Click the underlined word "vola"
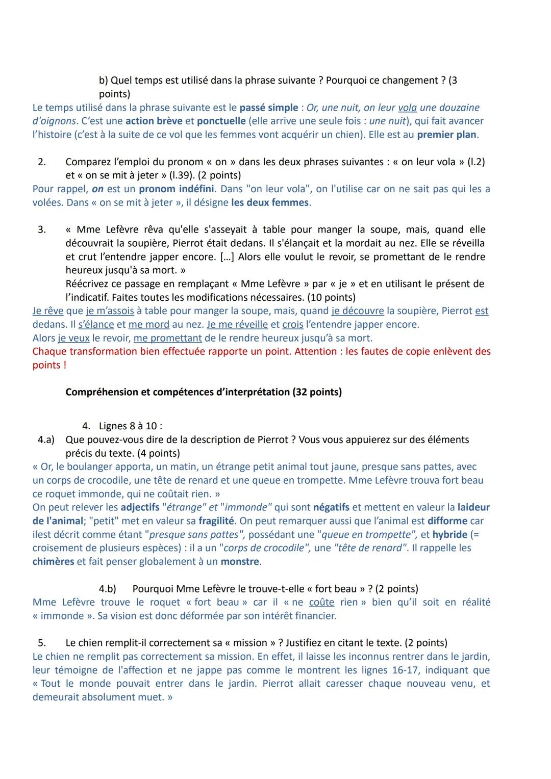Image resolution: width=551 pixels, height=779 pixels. click(407, 108)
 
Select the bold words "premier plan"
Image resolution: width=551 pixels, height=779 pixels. click(447, 135)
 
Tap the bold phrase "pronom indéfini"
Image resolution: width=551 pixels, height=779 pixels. click(177, 189)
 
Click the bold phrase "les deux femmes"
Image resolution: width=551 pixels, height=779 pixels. click(270, 202)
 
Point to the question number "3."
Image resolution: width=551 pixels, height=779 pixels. click(42, 229)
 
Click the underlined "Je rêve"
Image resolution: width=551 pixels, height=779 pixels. click(48, 310)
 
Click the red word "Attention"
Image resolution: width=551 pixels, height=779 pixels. click(316, 351)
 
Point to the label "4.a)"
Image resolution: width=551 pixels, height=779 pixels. click(46, 439)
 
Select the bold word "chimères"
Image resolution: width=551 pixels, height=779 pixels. click(53, 561)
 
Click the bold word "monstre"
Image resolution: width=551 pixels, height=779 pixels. click(240, 561)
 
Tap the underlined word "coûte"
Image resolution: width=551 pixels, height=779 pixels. click(321, 602)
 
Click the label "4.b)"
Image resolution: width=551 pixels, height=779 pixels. click(107, 589)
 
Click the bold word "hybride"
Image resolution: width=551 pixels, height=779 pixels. click(450, 534)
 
